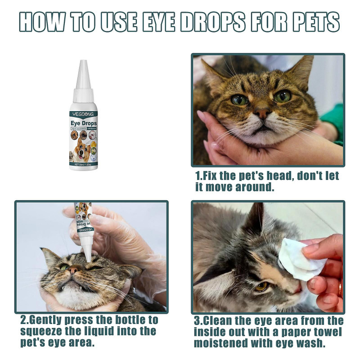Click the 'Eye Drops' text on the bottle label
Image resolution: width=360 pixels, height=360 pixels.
(x=83, y=123)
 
